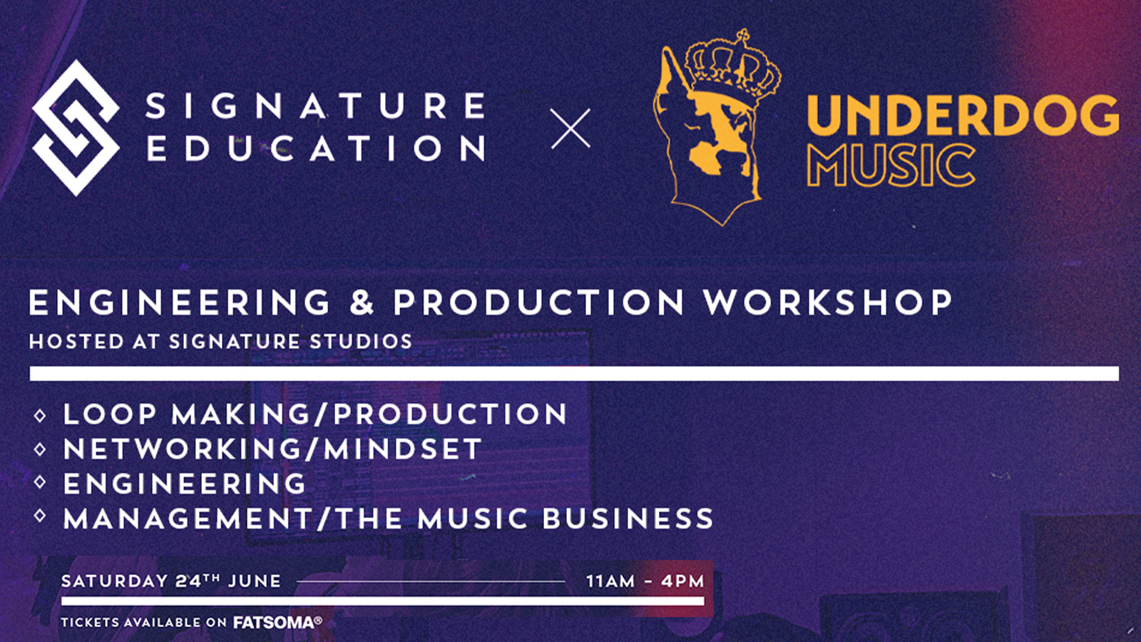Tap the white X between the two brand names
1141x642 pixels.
coord(570,128)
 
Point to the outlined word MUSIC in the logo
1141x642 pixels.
coord(891,165)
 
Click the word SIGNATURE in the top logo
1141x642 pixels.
coord(317,106)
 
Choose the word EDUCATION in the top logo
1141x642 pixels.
coord(317,148)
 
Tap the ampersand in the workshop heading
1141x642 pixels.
coord(362,302)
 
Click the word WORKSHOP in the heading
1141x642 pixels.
coord(828,302)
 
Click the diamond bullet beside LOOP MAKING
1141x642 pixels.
coord(40,416)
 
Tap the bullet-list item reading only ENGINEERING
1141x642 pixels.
coord(185,484)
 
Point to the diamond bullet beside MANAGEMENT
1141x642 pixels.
coord(40,516)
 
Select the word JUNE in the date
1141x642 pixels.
coord(254,581)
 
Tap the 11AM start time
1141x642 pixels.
coord(610,581)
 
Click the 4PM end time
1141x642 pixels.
coord(682,581)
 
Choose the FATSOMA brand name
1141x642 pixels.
coord(274,623)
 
